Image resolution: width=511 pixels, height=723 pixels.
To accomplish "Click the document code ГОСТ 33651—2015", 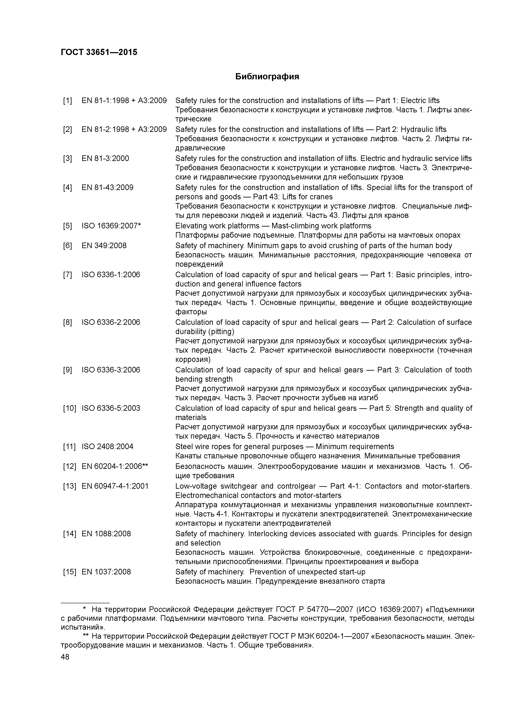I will pos(99,52).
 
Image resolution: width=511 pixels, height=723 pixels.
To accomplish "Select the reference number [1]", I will pos(67,101).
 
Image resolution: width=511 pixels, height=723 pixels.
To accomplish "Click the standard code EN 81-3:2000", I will pos(105,158).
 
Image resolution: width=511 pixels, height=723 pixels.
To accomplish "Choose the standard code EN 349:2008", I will pos(104,246).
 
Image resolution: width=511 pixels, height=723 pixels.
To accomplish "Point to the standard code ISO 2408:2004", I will pos(107,447).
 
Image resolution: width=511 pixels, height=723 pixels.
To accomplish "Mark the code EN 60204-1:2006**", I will pos(115,466).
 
